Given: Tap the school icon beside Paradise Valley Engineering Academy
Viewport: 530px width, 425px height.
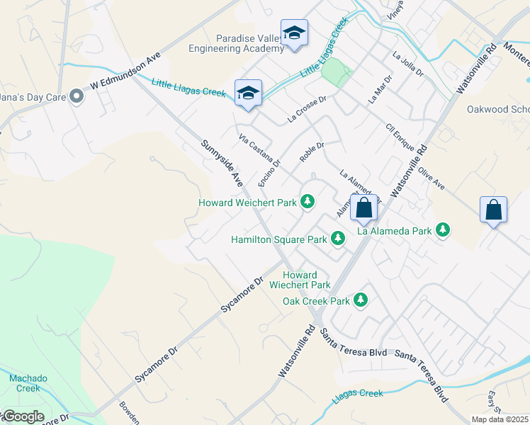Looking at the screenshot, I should click(x=294, y=33).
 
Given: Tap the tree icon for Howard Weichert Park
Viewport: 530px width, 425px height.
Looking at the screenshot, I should click(x=308, y=203).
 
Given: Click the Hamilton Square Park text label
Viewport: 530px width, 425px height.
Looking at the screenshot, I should click(x=279, y=239).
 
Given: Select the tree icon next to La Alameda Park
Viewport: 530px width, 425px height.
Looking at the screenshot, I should click(x=443, y=230).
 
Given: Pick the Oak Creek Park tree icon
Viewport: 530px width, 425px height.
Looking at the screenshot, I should click(x=361, y=300).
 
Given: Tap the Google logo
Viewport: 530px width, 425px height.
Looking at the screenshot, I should click(x=23, y=416).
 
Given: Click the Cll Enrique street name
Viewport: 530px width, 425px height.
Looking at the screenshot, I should click(x=400, y=137).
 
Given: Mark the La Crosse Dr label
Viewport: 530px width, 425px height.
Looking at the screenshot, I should click(x=307, y=110).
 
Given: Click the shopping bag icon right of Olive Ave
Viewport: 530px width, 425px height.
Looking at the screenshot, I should click(x=493, y=210).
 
